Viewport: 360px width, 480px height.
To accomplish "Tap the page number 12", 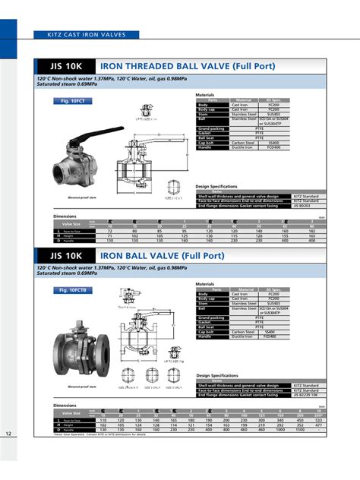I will (x=8, y=434).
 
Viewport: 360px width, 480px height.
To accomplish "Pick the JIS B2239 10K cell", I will (x=304, y=395).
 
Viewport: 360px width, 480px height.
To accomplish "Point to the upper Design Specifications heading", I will (x=217, y=185).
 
